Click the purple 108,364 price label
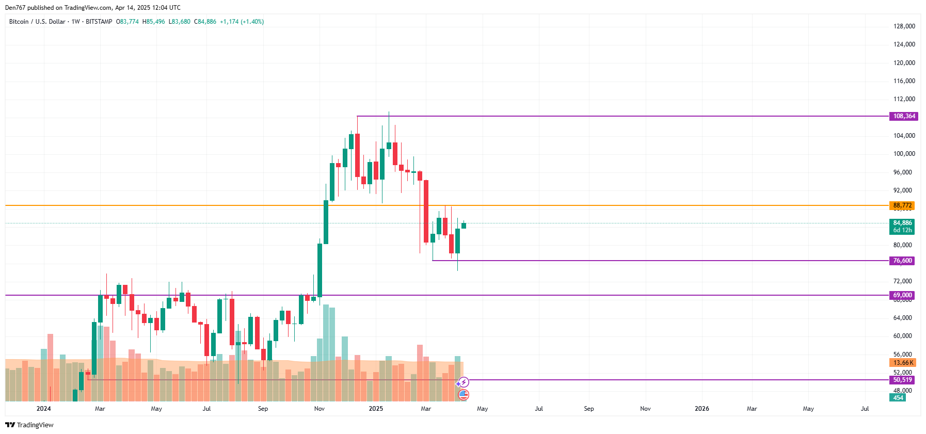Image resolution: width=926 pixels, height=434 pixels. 902,116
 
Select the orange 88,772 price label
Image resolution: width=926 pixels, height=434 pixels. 902,205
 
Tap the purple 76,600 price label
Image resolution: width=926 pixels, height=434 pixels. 902,261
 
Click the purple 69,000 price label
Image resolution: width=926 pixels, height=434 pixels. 902,295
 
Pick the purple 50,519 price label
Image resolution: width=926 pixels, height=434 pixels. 902,380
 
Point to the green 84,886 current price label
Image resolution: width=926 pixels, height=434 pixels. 902,223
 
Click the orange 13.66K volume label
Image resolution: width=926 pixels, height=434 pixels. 903,363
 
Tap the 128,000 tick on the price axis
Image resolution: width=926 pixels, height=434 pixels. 904,26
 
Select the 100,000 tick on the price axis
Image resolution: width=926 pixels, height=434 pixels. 904,154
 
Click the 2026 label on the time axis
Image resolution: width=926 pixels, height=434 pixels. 701,409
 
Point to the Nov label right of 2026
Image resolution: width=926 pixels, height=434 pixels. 645,409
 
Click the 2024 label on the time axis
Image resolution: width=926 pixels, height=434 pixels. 44,409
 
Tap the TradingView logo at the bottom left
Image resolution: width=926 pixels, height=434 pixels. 29,425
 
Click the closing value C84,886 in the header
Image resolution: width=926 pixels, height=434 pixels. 205,22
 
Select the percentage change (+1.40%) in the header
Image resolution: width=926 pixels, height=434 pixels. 252,22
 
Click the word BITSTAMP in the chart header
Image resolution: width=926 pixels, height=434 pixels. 99,22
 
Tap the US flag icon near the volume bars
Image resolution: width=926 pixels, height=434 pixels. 464,395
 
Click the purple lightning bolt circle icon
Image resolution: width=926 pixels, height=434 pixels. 464,382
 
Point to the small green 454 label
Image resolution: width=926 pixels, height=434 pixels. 898,398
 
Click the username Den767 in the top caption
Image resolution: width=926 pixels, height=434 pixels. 15,8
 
